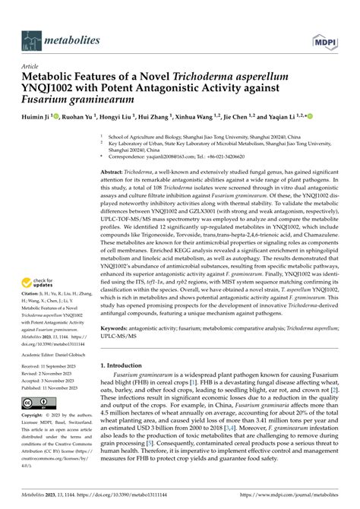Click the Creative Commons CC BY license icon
point(36,404)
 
